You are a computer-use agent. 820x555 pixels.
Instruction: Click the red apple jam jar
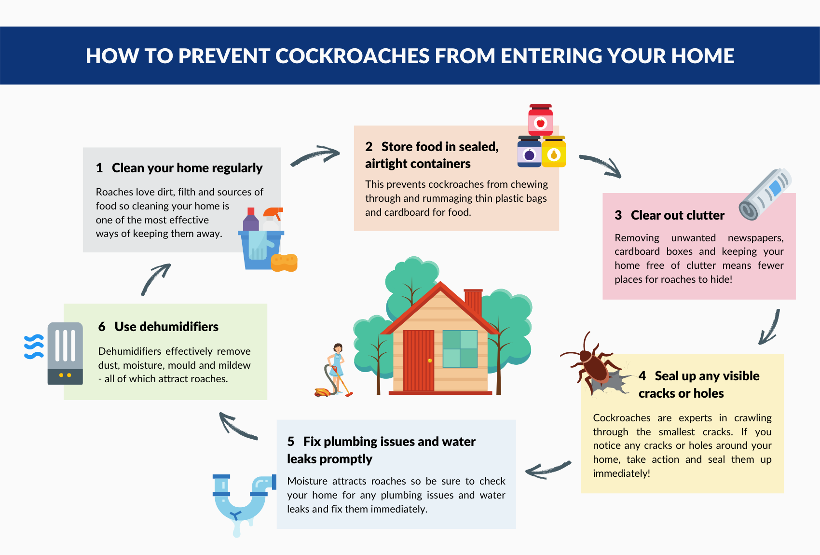tap(540, 120)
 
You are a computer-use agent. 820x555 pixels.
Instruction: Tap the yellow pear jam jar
tap(554, 152)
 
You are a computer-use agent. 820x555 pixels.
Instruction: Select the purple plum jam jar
tap(529, 152)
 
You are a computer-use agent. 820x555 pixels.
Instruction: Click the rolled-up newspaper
tap(765, 194)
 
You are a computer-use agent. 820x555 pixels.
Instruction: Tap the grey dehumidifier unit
tap(65, 353)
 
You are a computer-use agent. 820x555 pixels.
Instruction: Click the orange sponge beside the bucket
tap(284, 263)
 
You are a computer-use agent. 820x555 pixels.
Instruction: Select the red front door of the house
tap(418, 361)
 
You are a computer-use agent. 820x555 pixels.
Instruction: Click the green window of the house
tap(460, 349)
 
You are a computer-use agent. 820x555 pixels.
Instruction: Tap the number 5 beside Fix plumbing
tap(291, 442)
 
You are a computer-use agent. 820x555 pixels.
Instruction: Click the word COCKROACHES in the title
tap(352, 55)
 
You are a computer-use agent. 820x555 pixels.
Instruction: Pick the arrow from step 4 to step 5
tap(548, 470)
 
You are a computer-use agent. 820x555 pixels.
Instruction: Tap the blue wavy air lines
tap(34, 347)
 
